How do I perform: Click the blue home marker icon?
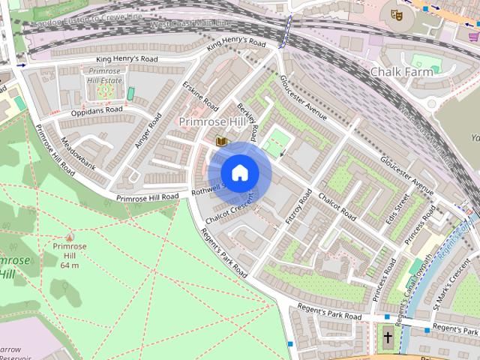[239, 172]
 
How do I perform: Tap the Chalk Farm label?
[403, 72]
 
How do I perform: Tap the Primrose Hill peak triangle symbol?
[70, 235]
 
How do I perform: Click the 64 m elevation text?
[70, 265]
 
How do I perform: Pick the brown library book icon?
[220, 140]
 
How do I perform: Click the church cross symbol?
[388, 338]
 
